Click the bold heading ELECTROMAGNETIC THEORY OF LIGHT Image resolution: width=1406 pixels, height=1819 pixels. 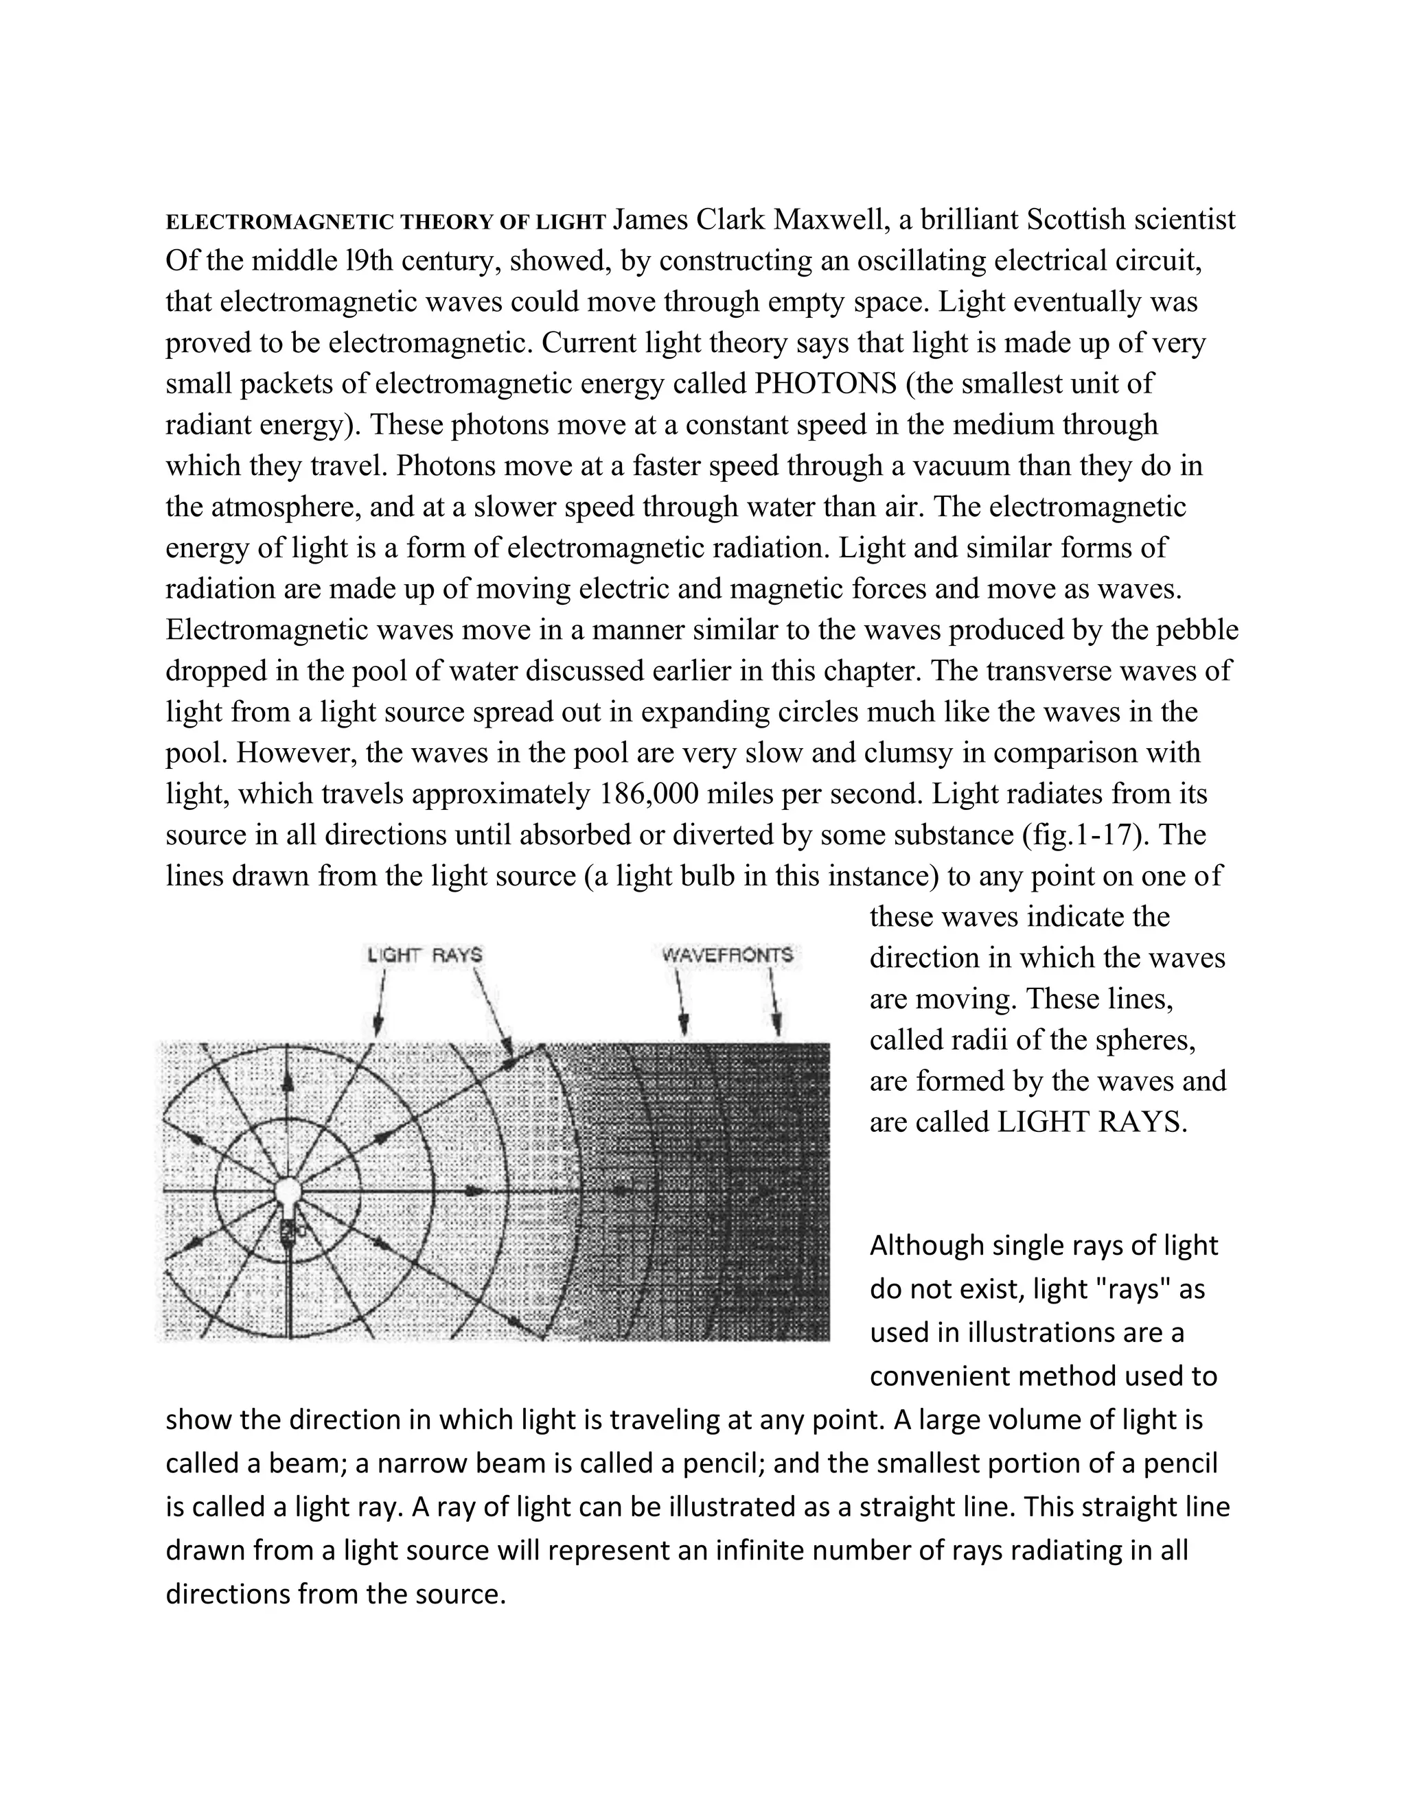(386, 222)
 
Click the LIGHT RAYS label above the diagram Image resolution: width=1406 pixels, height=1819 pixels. (425, 955)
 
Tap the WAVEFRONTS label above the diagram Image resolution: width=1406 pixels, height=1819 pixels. (727, 955)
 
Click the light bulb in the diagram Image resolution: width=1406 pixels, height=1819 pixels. (288, 1198)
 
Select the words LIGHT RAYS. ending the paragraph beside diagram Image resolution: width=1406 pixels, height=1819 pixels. (1091, 1123)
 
